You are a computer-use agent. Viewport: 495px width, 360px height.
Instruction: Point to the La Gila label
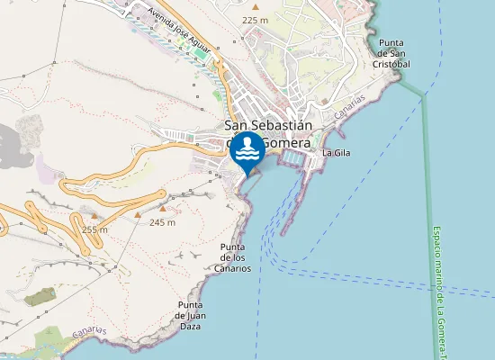pos(335,153)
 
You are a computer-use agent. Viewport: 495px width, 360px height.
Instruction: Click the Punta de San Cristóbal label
pos(394,53)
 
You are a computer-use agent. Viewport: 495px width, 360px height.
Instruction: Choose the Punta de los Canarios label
pos(232,256)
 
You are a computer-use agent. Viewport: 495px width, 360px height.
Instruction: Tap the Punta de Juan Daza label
pos(194,315)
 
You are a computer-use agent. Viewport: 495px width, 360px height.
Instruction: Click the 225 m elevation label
pos(256,20)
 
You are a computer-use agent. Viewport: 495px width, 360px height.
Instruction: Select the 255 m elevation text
pos(94,229)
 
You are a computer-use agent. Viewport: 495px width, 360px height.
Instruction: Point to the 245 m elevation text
pos(162,222)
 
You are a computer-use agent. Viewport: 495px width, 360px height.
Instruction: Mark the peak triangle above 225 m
pos(256,7)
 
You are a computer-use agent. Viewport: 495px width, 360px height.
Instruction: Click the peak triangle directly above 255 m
pos(94,216)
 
